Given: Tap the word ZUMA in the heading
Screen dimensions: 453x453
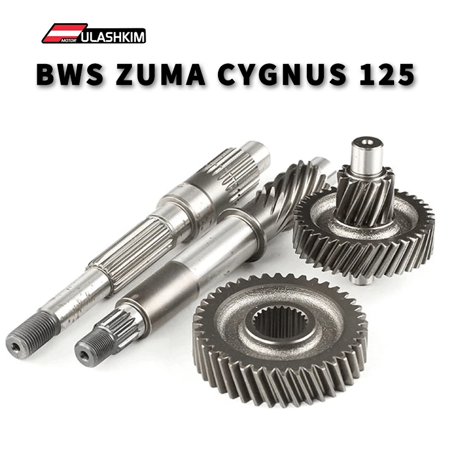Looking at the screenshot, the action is (160, 74).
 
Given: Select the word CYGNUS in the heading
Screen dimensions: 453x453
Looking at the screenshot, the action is (281, 74).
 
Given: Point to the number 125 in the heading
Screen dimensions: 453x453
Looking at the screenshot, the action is (387, 74).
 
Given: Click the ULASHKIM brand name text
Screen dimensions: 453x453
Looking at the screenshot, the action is (113, 37).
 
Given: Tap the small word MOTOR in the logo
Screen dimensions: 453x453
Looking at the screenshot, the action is (69, 40).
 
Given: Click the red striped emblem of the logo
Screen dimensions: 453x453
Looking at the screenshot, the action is (62, 33).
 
